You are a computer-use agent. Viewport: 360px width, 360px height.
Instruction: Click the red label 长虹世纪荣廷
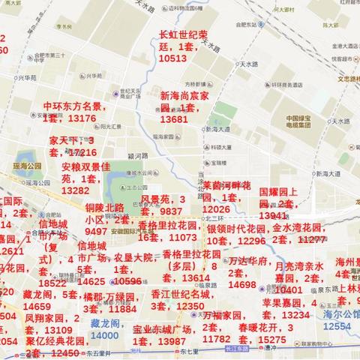pos(183,35)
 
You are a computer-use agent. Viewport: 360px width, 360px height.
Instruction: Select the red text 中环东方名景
pos(73,107)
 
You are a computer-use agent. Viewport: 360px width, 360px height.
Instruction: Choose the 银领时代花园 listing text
pos(239,228)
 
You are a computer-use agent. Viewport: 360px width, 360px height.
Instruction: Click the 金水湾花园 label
pos(298,227)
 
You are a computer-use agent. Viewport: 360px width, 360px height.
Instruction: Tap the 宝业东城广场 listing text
pos(163,329)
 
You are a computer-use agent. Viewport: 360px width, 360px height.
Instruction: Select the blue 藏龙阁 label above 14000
pos(104,323)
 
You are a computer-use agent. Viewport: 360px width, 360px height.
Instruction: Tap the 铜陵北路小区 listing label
pos(104,208)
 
